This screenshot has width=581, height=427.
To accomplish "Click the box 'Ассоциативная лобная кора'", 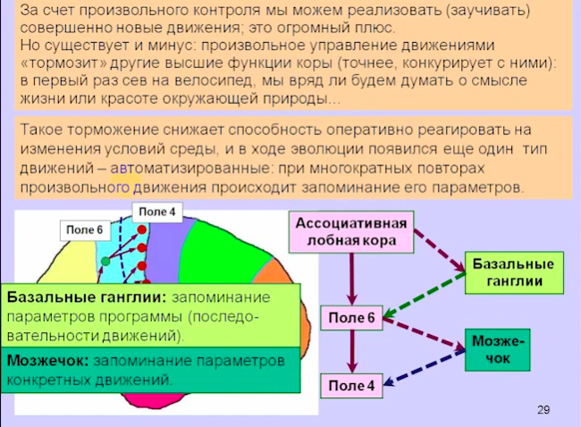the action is [351, 232].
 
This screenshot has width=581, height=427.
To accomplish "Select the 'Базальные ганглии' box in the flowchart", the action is [514, 273].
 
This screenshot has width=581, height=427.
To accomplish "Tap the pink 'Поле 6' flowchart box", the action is [351, 318].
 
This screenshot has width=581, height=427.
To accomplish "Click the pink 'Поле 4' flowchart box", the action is [351, 386].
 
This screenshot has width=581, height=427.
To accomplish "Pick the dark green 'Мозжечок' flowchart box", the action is [498, 350].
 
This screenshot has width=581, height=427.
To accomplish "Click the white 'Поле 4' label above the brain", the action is [157, 213].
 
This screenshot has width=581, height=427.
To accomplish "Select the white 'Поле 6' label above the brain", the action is [85, 230].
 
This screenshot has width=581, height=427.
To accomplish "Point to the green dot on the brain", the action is [105, 261].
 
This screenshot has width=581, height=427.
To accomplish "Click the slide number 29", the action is [543, 410].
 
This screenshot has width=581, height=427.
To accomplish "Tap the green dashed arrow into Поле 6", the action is [425, 295].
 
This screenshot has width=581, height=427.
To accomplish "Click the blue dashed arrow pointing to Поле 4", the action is [425, 366].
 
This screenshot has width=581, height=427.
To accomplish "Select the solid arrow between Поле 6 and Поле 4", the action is [351, 352].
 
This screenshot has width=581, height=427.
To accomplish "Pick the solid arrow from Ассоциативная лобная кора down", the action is [351, 280].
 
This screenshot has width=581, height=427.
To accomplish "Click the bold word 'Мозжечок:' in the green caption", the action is [47, 361].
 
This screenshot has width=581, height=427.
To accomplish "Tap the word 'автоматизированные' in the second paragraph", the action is [189, 169].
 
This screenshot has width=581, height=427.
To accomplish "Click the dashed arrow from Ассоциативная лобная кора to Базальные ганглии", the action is [440, 251].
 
